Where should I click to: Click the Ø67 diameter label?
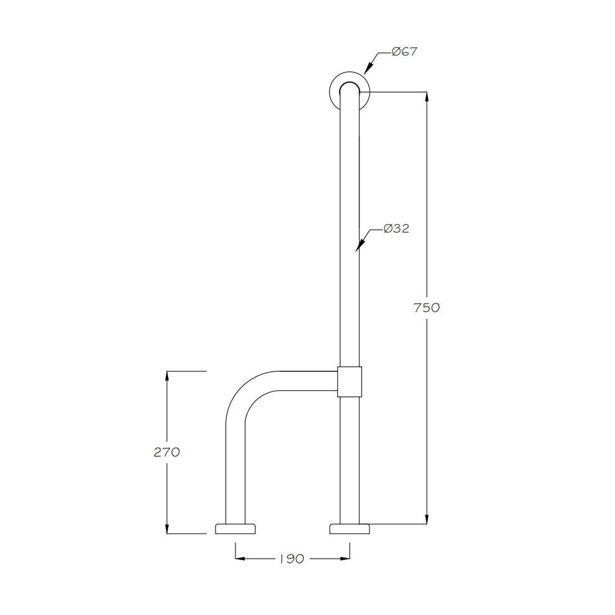[x=404, y=52]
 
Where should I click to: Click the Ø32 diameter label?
[x=396, y=229]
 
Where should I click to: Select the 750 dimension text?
[x=427, y=307]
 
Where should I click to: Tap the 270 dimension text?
[x=166, y=452]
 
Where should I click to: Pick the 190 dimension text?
[x=292, y=559]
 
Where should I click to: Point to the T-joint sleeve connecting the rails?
[x=349, y=381]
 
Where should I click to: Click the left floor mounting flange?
[x=235, y=529]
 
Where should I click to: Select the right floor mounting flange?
[x=349, y=529]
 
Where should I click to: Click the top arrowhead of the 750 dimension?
[x=427, y=98]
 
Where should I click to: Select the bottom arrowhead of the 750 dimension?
[x=427, y=519]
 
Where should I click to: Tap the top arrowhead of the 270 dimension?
[x=167, y=376]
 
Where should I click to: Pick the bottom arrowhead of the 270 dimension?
[x=167, y=528]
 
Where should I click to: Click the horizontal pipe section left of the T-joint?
[x=307, y=381]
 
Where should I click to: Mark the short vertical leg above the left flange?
[x=235, y=478]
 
